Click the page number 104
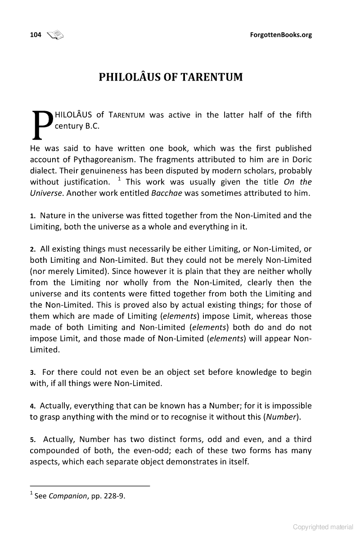click(x=36, y=35)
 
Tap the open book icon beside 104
click(x=55, y=34)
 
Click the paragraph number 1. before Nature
click(x=33, y=216)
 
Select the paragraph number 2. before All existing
click(x=33, y=249)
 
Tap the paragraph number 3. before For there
click(x=33, y=373)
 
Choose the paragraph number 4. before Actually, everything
click(x=33, y=406)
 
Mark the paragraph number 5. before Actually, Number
click(x=33, y=440)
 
